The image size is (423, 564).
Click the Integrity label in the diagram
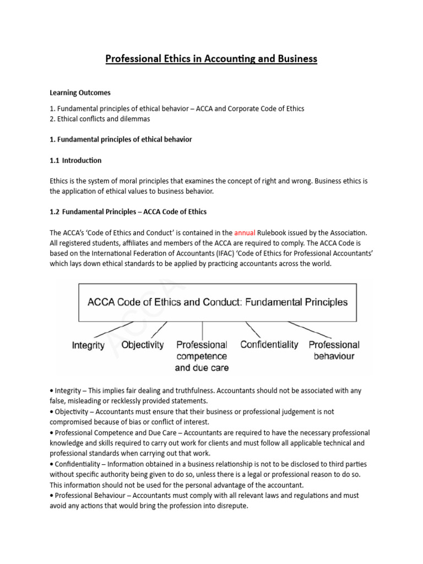88,345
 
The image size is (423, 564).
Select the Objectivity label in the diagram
143,345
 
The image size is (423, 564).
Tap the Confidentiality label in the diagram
269,345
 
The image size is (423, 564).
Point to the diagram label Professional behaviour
334,350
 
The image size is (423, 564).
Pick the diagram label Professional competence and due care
202,356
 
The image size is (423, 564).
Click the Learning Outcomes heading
81,93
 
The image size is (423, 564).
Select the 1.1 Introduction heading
75,160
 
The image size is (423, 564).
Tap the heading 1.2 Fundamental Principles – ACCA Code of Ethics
128,212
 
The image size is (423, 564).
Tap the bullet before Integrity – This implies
51,391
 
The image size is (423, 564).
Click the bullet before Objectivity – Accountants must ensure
51,411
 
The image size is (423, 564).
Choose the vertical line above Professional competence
203,330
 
